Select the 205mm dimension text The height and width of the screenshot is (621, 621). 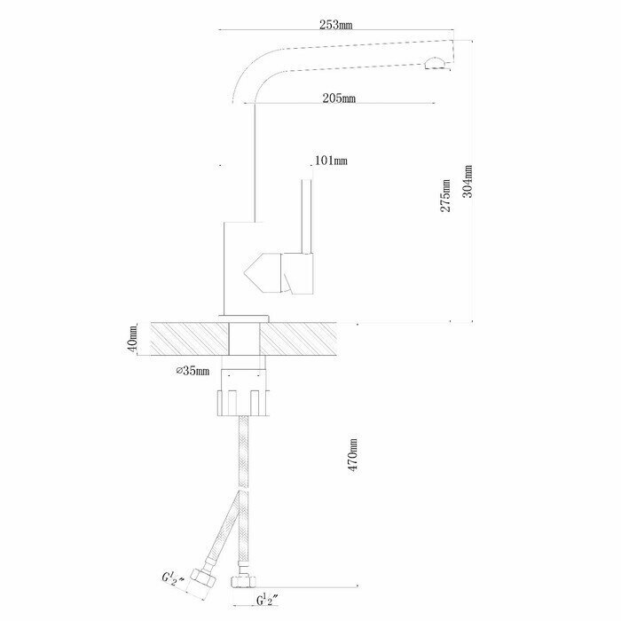pyautogui.click(x=339, y=98)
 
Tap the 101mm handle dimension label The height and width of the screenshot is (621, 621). pyautogui.click(x=330, y=161)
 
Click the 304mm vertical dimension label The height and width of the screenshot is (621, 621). pyautogui.click(x=468, y=182)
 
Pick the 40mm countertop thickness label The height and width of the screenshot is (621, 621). pyautogui.click(x=133, y=338)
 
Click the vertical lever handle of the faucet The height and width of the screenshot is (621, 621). pyautogui.click(x=307, y=217)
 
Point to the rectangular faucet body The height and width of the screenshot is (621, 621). pyautogui.click(x=238, y=266)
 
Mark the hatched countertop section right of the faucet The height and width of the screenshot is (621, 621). pyautogui.click(x=302, y=338)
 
